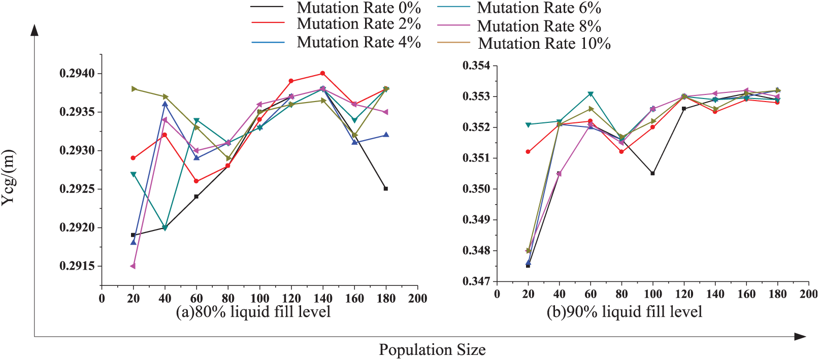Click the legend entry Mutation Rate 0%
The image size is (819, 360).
336,7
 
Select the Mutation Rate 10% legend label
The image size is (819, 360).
523,43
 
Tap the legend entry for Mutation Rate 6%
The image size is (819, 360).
519,7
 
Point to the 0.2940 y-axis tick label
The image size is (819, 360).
77,74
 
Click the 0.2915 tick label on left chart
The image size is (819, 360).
77,266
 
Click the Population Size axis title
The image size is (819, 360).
432,350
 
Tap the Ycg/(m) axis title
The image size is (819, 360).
8,178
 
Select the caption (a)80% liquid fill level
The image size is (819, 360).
253,312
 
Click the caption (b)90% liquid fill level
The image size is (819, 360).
625,312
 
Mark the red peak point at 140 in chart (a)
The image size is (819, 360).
322,74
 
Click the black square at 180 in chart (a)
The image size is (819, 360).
386,188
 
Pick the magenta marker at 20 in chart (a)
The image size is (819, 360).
133,266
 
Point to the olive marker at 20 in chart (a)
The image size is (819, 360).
134,89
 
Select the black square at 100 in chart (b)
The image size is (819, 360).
652,173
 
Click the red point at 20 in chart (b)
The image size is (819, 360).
528,152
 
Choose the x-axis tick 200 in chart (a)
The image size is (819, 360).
417,298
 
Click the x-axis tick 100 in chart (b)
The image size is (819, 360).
652,294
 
